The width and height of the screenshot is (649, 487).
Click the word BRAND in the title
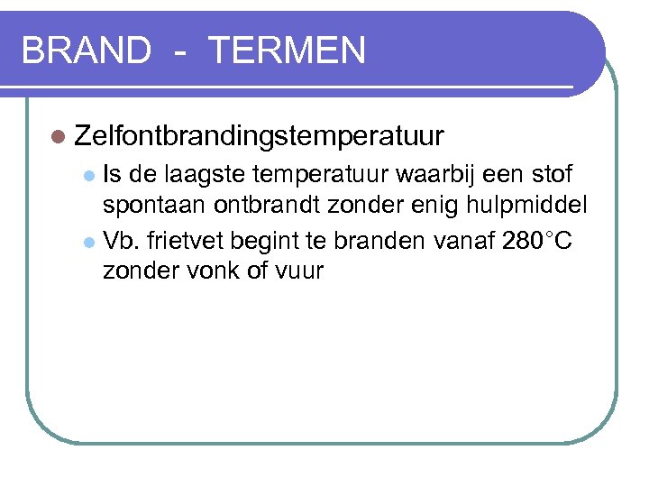86,51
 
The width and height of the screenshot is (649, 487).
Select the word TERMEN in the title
287,51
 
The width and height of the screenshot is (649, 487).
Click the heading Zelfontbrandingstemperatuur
260,136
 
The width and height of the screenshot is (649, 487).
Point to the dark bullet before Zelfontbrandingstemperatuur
59,137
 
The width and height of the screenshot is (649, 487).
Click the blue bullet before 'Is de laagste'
87,173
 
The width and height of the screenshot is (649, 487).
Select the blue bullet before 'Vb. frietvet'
87,243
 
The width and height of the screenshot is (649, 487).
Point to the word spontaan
154,207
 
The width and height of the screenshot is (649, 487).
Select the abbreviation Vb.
120,241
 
